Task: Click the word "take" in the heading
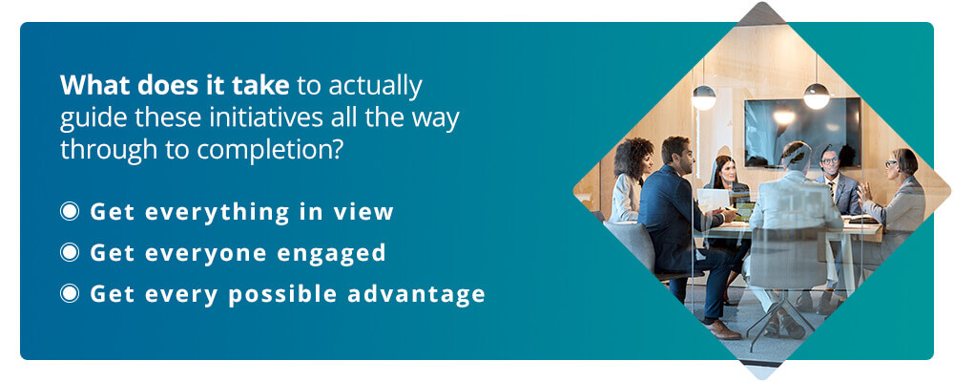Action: pyautogui.click(x=262, y=85)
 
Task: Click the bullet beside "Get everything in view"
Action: pyautogui.click(x=70, y=211)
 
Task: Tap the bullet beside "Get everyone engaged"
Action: pyautogui.click(x=70, y=252)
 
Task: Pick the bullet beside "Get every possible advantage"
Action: pyautogui.click(x=70, y=293)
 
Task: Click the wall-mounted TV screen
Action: pyautogui.click(x=802, y=132)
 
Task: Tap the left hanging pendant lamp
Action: pyautogui.click(x=704, y=97)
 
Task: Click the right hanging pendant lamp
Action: pyautogui.click(x=817, y=96)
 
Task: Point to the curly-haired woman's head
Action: pyautogui.click(x=633, y=158)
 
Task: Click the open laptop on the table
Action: pyautogui.click(x=714, y=200)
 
